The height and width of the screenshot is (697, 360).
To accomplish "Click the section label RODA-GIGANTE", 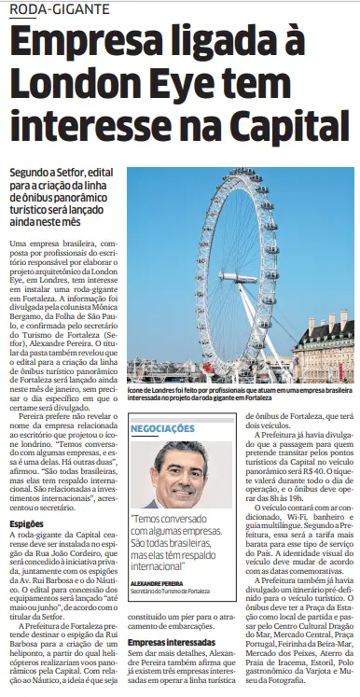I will [54, 8].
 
